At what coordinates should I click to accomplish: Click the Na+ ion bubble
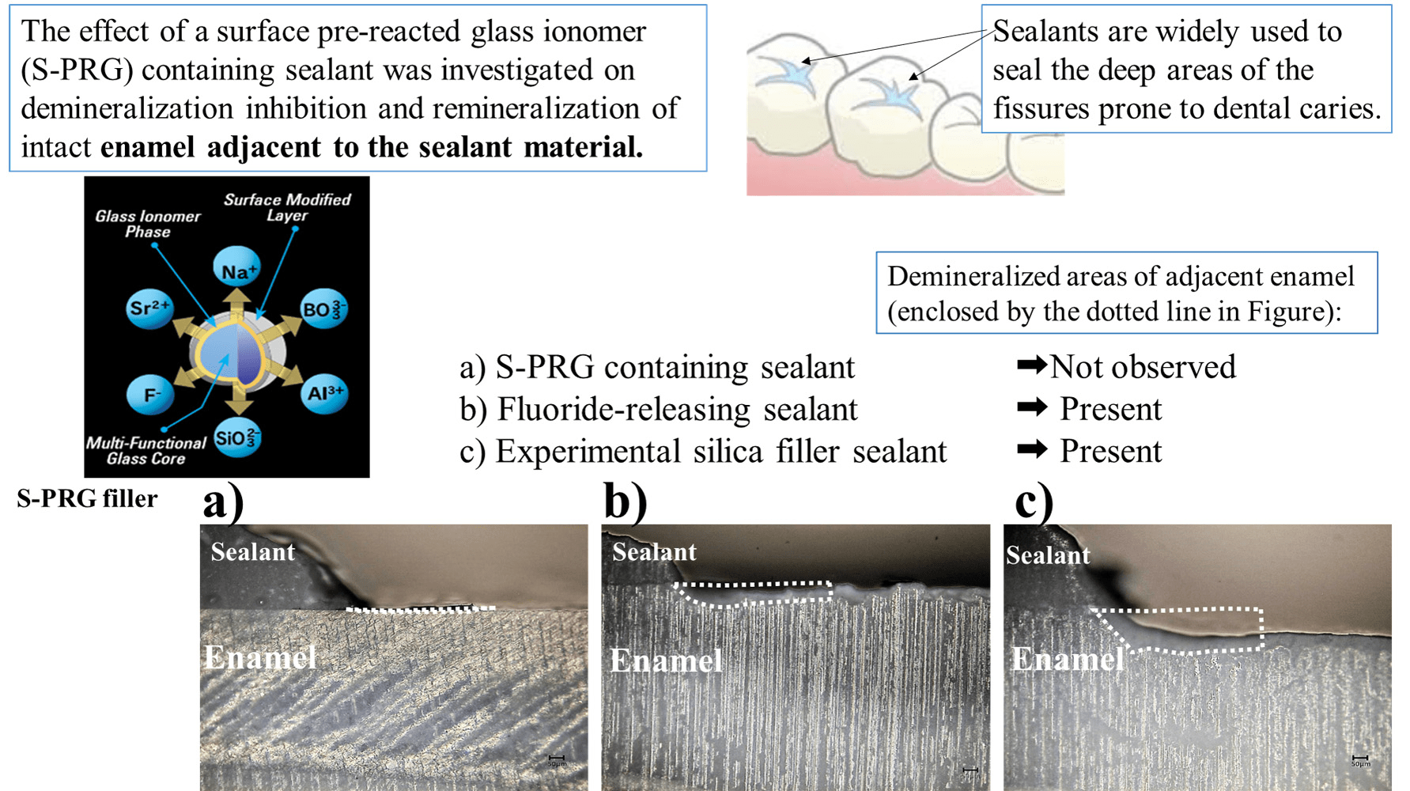click(x=237, y=270)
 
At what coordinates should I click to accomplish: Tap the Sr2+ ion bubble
click(x=149, y=308)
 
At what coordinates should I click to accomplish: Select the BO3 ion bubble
click(x=323, y=308)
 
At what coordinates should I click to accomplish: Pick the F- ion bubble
click(x=150, y=394)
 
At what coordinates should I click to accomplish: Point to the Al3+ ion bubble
click(x=324, y=393)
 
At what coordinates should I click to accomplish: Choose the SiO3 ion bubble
click(x=236, y=437)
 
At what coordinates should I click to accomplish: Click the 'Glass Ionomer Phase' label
click(x=148, y=224)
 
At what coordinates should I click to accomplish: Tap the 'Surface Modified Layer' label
click(x=287, y=207)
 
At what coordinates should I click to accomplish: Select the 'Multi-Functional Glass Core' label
click(x=146, y=451)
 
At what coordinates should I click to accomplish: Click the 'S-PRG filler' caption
click(x=87, y=499)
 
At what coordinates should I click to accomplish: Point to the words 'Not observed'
click(x=1143, y=367)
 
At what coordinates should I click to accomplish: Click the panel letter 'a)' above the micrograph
click(x=223, y=501)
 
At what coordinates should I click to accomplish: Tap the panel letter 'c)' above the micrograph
click(x=1034, y=501)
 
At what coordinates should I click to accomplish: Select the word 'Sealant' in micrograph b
click(x=654, y=552)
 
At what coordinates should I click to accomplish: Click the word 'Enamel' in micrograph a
click(x=260, y=657)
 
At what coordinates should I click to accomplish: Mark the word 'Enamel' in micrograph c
click(x=1068, y=659)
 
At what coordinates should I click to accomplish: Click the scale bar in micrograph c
click(x=1360, y=759)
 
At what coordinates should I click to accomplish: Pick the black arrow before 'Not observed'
click(x=1032, y=365)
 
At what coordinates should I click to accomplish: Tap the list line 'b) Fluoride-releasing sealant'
click(x=658, y=410)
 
